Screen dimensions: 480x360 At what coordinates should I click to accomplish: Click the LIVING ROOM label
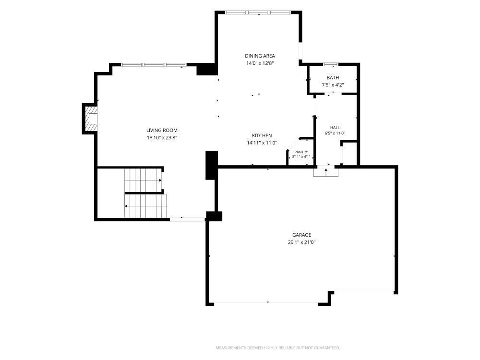pos(162,131)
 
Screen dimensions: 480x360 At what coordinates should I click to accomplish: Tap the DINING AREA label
pos(260,56)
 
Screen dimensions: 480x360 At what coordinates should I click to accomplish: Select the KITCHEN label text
pos(262,136)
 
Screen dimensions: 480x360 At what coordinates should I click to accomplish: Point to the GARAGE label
pos(301,235)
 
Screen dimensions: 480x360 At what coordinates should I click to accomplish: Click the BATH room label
pos(333,78)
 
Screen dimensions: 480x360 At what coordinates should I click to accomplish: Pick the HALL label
pos(335,128)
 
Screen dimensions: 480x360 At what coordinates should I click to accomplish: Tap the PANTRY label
pos(301,152)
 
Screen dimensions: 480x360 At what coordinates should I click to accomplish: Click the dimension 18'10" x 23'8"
pos(162,138)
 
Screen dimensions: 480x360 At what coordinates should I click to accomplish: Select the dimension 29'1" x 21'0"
pos(301,242)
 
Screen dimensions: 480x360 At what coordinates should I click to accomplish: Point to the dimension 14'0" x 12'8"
pos(260,63)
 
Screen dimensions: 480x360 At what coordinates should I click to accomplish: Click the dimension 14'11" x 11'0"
pos(262,143)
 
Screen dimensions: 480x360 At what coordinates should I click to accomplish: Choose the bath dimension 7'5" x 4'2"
pos(333,85)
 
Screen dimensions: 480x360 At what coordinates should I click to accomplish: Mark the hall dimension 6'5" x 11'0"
pos(335,133)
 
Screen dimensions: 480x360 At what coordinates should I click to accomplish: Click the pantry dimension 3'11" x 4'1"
pos(301,157)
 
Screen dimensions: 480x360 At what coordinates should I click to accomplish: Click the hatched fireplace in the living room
pos(91,119)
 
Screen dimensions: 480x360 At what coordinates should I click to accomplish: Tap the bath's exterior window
pos(331,64)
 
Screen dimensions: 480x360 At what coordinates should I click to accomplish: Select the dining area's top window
pos(258,12)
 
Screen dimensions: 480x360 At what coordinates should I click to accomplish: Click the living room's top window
pos(154,65)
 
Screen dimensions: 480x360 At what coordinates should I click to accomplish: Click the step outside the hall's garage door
pos(326,172)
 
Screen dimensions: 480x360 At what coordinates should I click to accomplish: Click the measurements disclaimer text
pos(277,348)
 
